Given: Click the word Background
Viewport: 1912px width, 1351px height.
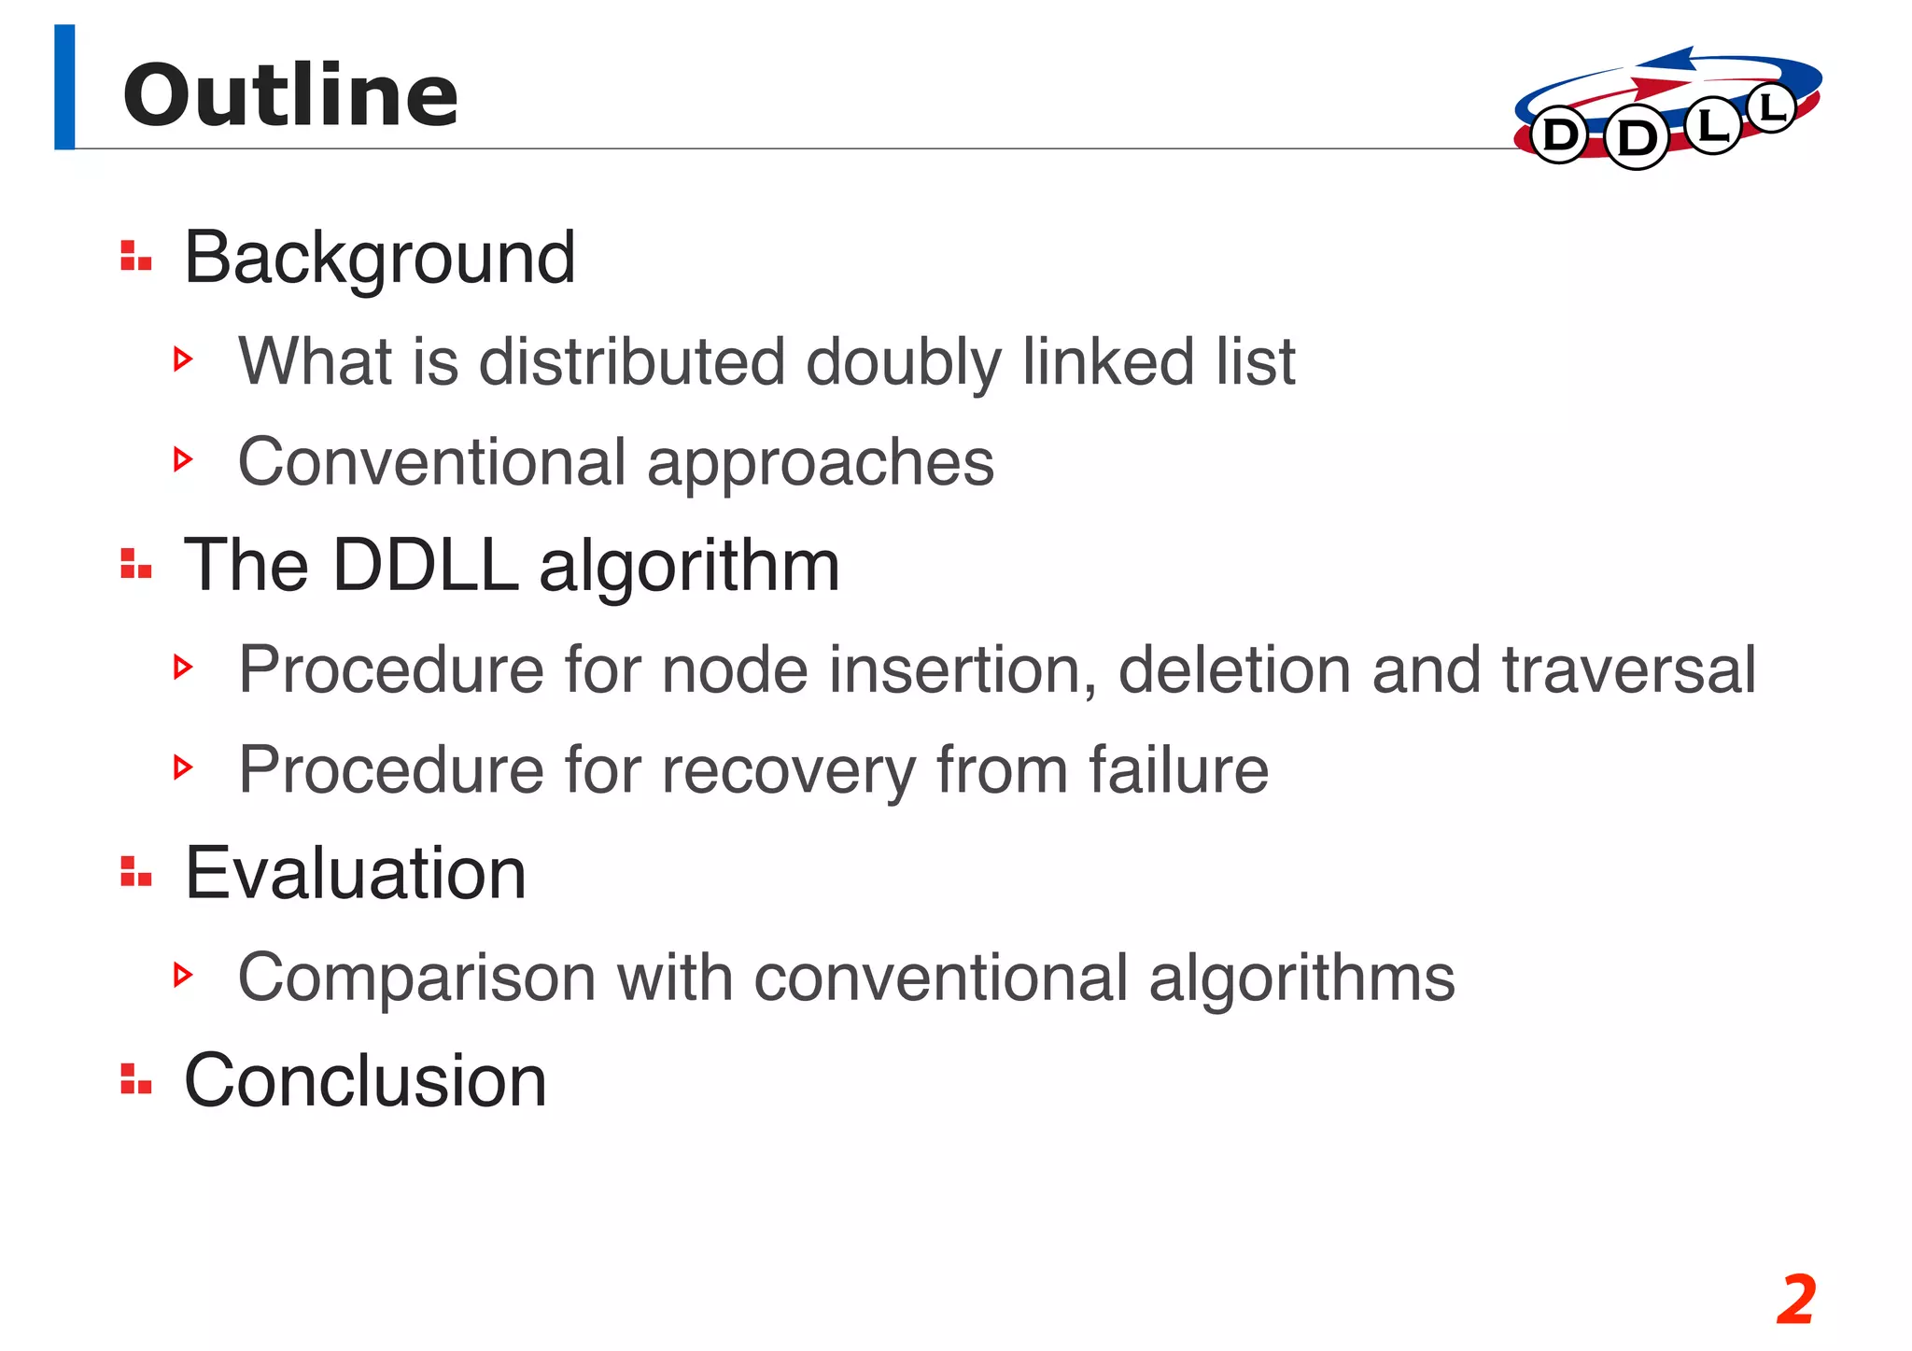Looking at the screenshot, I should pos(379,258).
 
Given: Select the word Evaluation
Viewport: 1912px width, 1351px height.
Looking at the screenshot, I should pos(356,873).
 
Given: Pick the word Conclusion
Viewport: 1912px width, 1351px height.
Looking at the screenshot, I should pos(365,1080).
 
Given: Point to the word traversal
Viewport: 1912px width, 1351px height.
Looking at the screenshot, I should pos(1629,669).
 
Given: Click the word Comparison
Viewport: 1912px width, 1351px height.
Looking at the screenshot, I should pos(416,978).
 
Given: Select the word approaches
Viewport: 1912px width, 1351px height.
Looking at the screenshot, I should pos(821,462).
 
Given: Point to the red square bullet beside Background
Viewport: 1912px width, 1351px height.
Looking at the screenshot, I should pos(135,256).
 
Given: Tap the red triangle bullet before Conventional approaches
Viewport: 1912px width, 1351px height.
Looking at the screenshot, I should pos(183,458).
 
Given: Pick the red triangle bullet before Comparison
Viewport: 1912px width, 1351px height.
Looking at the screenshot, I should pos(183,975).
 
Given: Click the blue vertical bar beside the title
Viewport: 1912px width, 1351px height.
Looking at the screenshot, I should pos(64,87).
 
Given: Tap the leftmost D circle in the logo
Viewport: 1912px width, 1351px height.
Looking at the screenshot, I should pos(1559,136).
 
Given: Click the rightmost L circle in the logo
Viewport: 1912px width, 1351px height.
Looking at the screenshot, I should pos(1770,109).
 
